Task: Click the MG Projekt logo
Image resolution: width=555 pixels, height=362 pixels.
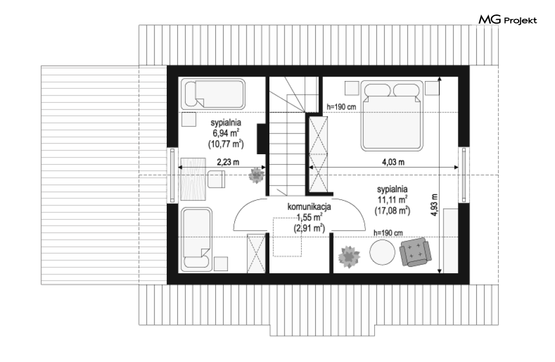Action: click(508, 20)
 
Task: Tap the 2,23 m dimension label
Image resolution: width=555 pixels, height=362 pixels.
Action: click(228, 162)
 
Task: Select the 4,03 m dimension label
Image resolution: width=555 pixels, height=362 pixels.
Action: click(393, 162)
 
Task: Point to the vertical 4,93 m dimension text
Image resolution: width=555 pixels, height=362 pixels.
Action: click(435, 204)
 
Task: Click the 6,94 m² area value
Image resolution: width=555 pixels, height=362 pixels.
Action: click(226, 134)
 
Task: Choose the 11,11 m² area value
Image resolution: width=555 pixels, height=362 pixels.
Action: click(392, 199)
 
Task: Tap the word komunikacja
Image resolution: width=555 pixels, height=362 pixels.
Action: click(309, 206)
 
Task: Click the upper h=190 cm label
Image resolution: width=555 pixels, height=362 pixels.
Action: click(341, 106)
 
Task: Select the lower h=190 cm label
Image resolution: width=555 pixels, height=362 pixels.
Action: click(388, 233)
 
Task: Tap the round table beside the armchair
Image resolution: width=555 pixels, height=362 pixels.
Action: click(382, 252)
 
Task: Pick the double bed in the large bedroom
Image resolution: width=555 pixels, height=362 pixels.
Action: click(392, 116)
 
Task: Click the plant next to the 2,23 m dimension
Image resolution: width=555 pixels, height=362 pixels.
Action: click(256, 175)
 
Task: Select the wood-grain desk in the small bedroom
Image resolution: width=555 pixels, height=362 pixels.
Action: click(193, 179)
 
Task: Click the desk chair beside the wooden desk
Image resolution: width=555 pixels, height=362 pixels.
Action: click(216, 179)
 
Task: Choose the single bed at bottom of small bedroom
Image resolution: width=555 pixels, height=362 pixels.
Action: click(196, 239)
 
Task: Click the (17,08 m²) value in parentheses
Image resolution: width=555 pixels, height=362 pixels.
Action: click(392, 211)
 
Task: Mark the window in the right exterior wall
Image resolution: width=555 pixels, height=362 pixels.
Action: click(464, 175)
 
